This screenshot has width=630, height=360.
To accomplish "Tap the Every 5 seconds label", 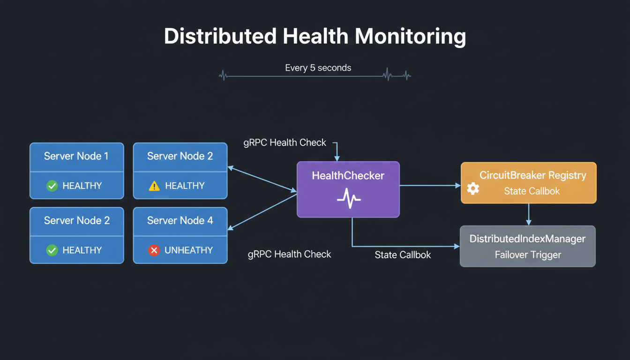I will [318, 68].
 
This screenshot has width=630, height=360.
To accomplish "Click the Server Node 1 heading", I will [76, 156].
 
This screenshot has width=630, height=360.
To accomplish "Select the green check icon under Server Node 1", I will [52, 186].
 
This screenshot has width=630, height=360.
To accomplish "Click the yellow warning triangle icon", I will [154, 186].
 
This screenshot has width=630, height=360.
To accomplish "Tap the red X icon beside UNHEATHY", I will [154, 250].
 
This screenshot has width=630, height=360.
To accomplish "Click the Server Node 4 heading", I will [180, 220].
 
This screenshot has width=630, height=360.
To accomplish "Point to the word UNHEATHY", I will [188, 250].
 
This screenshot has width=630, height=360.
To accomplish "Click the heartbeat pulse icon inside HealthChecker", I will [349, 198].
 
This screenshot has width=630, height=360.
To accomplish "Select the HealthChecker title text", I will [348, 176].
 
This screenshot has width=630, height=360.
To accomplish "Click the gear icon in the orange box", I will [473, 188].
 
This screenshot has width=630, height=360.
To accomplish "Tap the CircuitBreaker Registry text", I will [532, 175].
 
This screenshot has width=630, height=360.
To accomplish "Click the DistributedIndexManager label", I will [527, 239].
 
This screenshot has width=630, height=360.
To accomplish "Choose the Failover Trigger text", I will [528, 255].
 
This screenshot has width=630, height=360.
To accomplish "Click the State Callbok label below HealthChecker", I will [403, 255].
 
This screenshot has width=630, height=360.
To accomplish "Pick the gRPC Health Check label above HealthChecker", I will [285, 142].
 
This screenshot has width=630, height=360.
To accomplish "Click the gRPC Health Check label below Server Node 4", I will [289, 254].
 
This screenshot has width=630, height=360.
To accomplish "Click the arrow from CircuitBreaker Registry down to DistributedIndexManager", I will [528, 214].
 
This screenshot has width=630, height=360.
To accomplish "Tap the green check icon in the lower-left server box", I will [52, 250].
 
